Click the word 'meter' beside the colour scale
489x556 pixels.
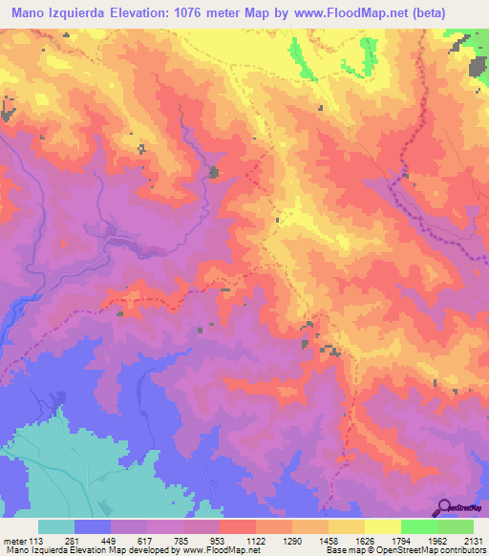[x=13, y=538]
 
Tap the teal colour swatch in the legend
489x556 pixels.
[x=56, y=525]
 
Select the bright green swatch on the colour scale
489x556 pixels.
[x=419, y=525]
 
